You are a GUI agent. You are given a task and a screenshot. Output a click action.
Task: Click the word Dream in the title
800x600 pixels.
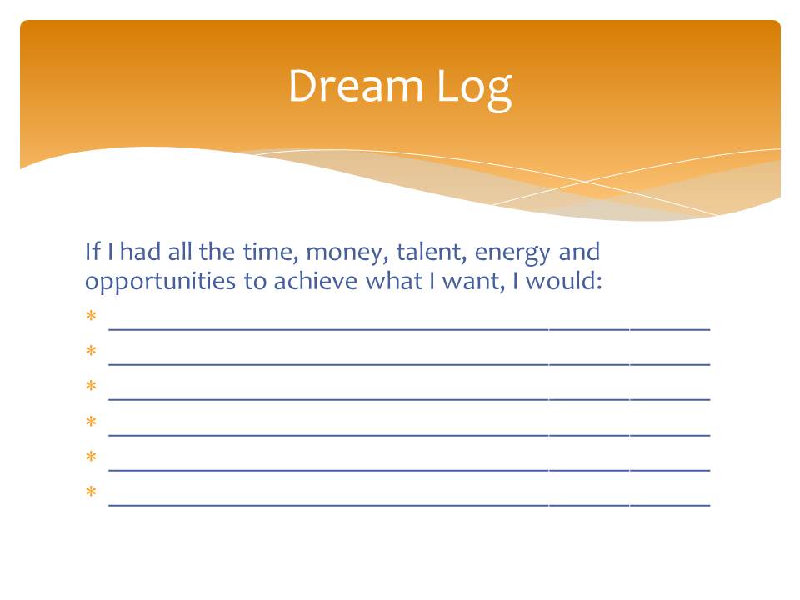(356, 86)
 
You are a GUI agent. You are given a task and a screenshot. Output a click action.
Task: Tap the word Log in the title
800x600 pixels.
(474, 90)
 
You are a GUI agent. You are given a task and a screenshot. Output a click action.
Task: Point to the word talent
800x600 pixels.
(431, 252)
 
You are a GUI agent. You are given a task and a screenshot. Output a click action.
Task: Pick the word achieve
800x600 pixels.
(315, 281)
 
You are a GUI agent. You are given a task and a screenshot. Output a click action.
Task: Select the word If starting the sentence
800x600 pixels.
(92, 252)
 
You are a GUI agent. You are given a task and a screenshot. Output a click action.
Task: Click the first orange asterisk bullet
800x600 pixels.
(91, 316)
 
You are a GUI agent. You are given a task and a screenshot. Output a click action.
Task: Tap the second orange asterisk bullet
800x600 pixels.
(91, 351)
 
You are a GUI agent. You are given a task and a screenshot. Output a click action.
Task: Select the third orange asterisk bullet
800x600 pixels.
(91, 385)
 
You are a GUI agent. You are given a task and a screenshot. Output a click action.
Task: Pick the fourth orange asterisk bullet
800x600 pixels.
(91, 421)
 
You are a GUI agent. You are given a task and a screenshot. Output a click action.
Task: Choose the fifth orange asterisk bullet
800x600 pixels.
(91, 456)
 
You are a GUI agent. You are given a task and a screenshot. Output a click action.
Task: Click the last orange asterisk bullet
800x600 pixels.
(91, 491)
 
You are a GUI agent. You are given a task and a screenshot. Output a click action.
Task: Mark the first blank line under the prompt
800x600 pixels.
(409, 330)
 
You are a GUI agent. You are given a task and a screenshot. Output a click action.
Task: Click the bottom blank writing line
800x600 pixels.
(409, 505)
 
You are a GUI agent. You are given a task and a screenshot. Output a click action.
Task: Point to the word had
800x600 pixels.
(140, 252)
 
